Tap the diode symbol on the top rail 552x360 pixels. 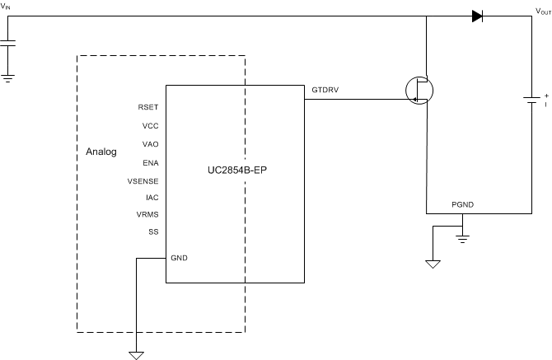click(477, 16)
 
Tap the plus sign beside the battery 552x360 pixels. click(545, 95)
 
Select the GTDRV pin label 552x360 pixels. click(324, 88)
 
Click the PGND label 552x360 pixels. click(462, 203)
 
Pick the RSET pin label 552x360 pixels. click(148, 106)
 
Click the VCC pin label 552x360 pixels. click(150, 126)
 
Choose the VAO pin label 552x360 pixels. click(150, 144)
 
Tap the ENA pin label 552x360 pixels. click(150, 163)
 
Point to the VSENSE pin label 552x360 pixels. click(143, 180)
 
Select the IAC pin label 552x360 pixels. click(152, 198)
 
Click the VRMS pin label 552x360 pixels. click(147, 214)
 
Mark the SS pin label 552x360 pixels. click(153, 231)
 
